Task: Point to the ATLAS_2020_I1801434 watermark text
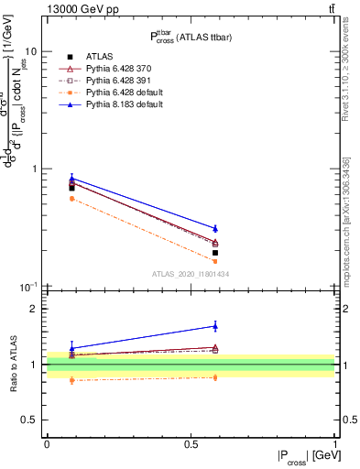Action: point(190,274)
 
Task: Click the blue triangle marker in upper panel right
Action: point(215,228)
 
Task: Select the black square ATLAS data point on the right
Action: point(215,253)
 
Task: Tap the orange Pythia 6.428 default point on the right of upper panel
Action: point(215,261)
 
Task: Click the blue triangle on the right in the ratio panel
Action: point(215,325)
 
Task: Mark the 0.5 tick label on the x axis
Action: point(191,443)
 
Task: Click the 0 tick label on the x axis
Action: point(47,443)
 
